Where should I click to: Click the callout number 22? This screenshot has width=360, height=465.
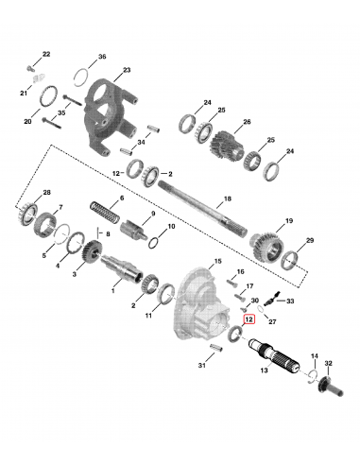[47, 57]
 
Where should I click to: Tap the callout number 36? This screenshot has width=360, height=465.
[102, 57]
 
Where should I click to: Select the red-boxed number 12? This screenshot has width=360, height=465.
[249, 320]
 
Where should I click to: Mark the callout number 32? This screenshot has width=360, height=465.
[329, 363]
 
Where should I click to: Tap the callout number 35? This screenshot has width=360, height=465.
[60, 112]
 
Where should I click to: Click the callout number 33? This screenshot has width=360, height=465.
[290, 301]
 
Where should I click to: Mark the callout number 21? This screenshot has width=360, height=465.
[26, 93]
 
